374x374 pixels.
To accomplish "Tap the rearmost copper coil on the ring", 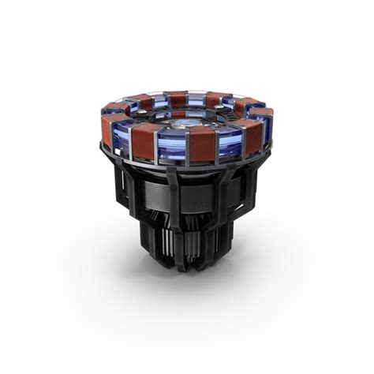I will coord(178,98).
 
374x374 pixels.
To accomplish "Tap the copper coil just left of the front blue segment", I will coord(143,143).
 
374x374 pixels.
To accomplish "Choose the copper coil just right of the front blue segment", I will coord(202,145).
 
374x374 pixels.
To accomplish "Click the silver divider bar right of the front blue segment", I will coord(187,148).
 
